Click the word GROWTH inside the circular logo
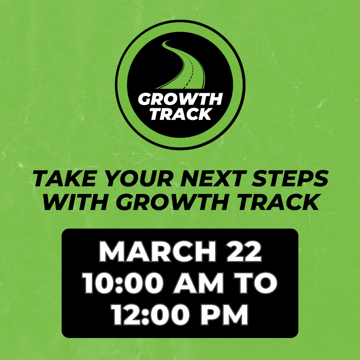(x=180, y=99)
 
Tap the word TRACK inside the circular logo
(x=180, y=114)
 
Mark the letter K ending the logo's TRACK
(x=205, y=114)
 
